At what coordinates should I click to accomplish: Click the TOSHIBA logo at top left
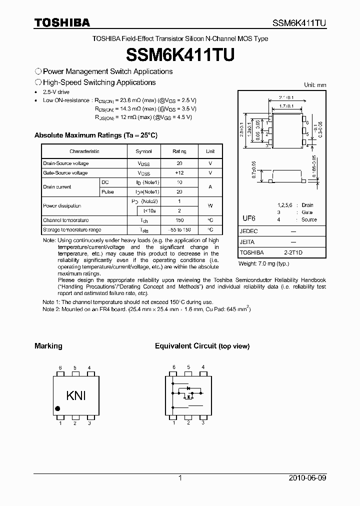click(x=62, y=22)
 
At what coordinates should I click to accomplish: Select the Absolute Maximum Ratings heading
click(x=95, y=135)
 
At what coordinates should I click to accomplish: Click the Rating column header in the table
click(x=179, y=151)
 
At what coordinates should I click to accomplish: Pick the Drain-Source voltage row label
click(x=66, y=163)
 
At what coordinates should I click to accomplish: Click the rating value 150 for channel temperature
click(x=179, y=220)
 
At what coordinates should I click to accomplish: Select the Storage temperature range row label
click(x=72, y=230)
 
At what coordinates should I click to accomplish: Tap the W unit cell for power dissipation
click(x=210, y=205)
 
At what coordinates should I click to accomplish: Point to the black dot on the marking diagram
click(x=57, y=408)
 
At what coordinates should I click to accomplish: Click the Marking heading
click(x=48, y=346)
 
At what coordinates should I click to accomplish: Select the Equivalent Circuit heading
click(x=202, y=346)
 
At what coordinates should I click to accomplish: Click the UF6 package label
click(x=249, y=219)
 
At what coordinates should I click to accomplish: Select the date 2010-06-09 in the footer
click(x=307, y=478)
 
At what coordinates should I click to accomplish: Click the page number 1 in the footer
click(x=180, y=478)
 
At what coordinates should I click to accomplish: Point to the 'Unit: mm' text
click(x=315, y=85)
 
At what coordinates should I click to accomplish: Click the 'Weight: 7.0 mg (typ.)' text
click(x=263, y=263)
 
